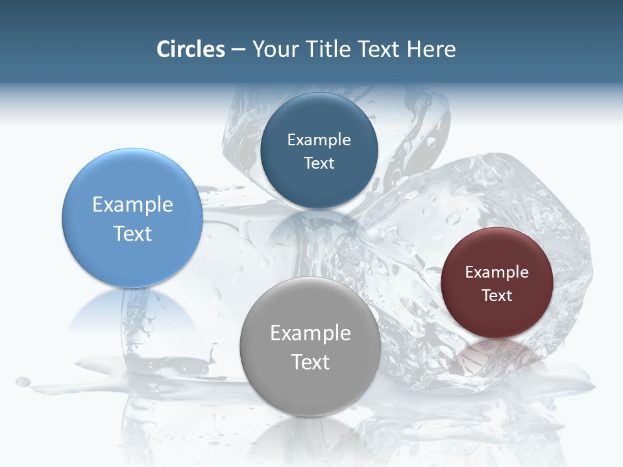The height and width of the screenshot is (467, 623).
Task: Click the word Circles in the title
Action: tap(191, 49)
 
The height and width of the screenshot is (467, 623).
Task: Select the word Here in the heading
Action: tap(431, 49)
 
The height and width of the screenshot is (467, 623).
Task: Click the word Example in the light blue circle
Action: tap(132, 205)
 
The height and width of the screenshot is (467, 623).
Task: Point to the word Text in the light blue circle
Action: tap(132, 233)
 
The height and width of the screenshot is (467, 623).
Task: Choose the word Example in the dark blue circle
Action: tap(319, 140)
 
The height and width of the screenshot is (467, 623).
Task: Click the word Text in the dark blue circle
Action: tap(319, 163)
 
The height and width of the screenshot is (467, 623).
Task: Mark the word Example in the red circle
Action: tap(497, 272)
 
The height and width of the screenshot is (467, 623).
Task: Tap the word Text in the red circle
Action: tap(497, 296)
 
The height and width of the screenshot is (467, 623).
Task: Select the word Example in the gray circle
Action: tap(310, 333)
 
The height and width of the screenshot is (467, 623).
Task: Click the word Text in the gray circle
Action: tap(310, 362)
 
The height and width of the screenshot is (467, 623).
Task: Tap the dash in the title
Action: tap(238, 50)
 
